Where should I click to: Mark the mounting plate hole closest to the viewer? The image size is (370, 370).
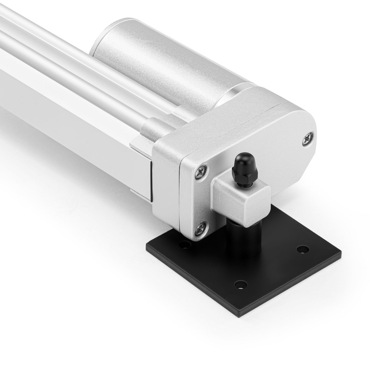(x=241, y=284)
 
